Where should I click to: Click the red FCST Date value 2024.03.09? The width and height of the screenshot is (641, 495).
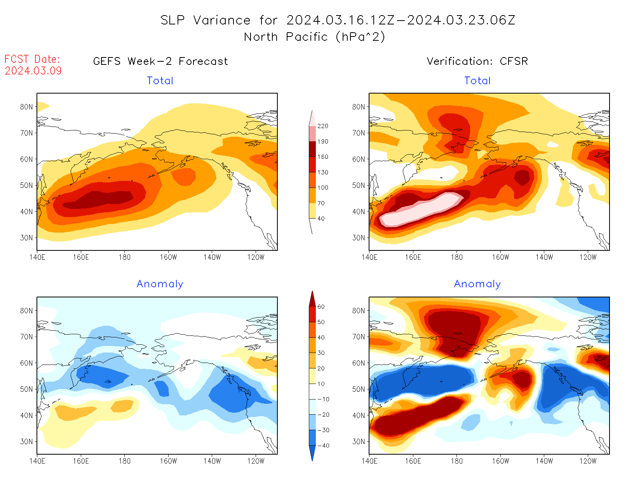click(x=33, y=71)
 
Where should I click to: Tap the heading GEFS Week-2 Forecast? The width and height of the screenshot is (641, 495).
click(x=160, y=61)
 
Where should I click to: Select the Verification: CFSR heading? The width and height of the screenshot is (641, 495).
click(x=477, y=61)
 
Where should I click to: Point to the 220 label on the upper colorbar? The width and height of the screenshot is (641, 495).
click(x=322, y=126)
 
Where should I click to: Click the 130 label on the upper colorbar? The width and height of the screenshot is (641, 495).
click(x=322, y=172)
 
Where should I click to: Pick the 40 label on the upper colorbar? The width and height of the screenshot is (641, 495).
click(x=321, y=219)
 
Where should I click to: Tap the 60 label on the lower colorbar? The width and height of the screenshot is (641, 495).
click(x=321, y=307)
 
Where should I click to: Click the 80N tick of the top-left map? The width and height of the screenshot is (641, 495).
click(x=26, y=107)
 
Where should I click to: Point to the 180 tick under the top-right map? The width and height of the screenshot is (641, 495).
click(x=456, y=257)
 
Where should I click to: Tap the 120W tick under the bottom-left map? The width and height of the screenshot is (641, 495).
click(x=256, y=461)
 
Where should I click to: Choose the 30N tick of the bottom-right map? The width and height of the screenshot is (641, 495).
click(x=359, y=441)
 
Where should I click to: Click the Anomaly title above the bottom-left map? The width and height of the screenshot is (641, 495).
click(x=160, y=284)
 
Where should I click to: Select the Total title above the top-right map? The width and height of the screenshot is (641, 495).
click(x=477, y=81)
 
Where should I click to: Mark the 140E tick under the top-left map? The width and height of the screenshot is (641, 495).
click(x=37, y=257)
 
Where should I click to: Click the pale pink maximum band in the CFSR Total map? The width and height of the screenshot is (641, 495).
click(x=420, y=210)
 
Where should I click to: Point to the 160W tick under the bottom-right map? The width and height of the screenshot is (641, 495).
click(x=500, y=461)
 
